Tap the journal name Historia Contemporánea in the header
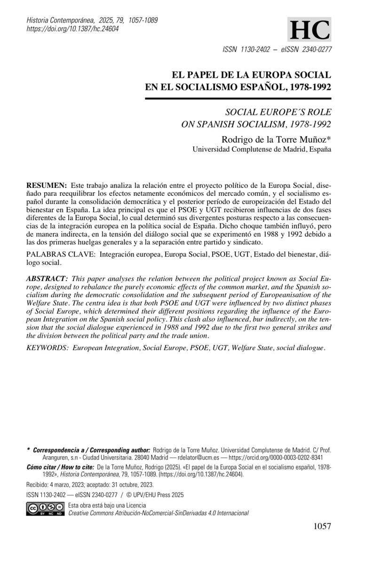click(x=59, y=21)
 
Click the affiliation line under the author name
click(x=262, y=150)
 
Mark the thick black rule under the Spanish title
click(x=237, y=99)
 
